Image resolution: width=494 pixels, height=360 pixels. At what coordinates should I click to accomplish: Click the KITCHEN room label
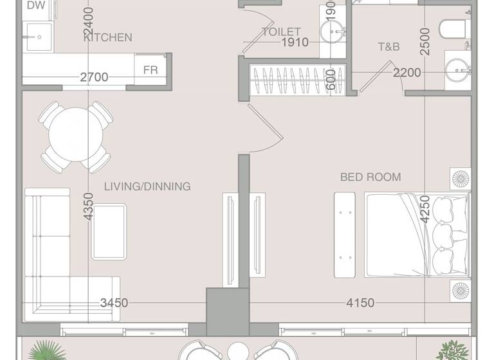click(x=108, y=37)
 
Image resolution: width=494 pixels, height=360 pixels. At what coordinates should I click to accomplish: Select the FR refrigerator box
click(x=151, y=69)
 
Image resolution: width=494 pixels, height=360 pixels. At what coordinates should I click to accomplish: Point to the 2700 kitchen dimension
click(x=94, y=78)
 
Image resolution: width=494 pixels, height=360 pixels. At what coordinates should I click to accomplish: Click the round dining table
click(x=75, y=136)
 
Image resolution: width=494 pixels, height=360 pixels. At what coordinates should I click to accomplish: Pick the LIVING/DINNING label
click(x=147, y=186)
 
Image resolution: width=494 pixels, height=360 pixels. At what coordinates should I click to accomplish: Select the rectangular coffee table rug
click(x=109, y=231)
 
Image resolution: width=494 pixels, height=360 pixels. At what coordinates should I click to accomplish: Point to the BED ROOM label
click(x=370, y=177)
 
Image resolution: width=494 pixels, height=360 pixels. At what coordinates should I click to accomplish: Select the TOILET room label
click(x=281, y=32)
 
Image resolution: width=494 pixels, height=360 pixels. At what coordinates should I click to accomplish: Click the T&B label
click(x=389, y=46)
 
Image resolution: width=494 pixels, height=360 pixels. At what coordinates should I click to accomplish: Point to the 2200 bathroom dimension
click(x=407, y=73)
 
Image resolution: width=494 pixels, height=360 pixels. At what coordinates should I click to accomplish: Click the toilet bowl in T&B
click(x=454, y=28)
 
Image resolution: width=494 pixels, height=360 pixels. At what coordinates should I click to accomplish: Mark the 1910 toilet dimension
click(x=295, y=43)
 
